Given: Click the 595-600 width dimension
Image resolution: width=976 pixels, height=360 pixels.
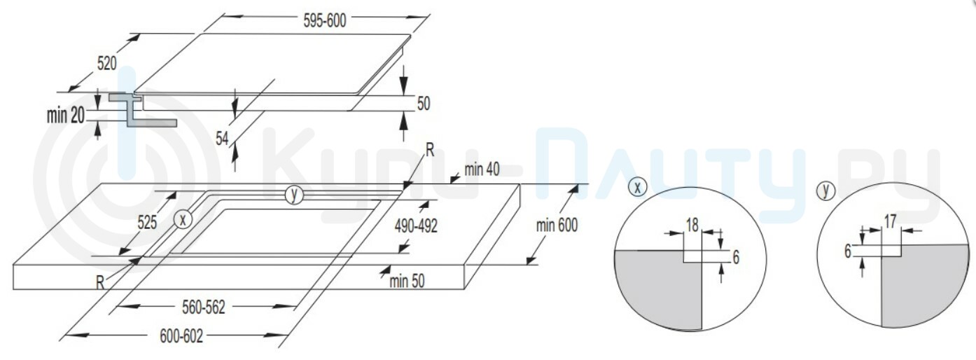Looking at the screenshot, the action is point(325,21).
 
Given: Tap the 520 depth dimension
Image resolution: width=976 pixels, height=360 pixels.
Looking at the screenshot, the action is point(106,64).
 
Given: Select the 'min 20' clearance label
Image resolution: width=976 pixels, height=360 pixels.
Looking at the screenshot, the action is point(66,116).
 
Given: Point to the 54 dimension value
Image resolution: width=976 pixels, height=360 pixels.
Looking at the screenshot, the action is point(222,139).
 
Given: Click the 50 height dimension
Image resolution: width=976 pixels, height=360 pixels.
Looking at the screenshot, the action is point(424,104).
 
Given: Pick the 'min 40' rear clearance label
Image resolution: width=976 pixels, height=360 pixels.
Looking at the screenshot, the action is point(482,169).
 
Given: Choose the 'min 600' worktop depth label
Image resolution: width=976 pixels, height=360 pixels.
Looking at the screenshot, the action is point(557,226).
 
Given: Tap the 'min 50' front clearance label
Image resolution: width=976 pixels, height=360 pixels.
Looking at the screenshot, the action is point(407,281).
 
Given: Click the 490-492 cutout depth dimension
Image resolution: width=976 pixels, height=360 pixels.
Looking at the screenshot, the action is point(416,226).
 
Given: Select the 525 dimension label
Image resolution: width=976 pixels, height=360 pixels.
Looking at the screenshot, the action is point(147,222).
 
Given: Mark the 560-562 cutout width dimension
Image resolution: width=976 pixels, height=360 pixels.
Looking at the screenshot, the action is point(204,307).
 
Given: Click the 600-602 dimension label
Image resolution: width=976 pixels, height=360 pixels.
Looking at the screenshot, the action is point(181,336).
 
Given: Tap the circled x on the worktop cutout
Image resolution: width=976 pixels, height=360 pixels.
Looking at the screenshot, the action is point(183,220).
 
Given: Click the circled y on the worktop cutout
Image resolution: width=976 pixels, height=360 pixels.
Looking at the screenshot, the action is point(294,195).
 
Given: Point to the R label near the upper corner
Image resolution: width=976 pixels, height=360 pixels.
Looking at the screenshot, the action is point(430,151).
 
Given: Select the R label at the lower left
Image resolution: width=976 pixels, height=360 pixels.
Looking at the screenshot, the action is point(100,283).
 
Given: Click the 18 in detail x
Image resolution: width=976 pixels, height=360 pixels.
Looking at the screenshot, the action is point(692,225).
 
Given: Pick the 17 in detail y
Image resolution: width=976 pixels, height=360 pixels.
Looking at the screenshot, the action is point(890,221).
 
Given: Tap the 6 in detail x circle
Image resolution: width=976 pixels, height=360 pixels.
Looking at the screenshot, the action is point(736,258).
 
